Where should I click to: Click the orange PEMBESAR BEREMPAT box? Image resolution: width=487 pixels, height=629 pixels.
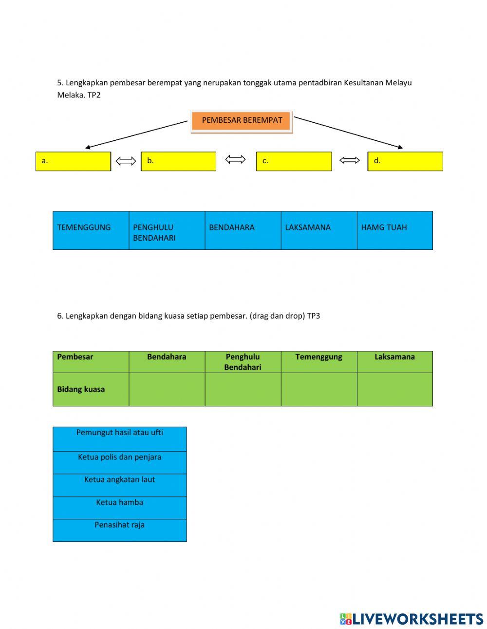[x=242, y=121]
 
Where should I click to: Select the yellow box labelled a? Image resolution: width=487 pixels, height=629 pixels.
[x=73, y=161]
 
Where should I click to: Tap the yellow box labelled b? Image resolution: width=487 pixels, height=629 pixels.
[x=178, y=161]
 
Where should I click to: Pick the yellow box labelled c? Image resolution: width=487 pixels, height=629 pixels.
[x=294, y=161]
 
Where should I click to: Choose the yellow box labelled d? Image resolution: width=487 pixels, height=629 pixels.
[x=405, y=161]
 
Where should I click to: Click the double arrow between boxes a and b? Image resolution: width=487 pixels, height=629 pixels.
[x=126, y=161]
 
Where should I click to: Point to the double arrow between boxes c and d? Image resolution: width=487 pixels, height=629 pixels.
[x=349, y=160]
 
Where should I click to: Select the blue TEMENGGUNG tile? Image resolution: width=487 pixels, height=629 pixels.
[x=91, y=230]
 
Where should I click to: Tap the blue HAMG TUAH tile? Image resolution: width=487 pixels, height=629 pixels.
[x=394, y=230]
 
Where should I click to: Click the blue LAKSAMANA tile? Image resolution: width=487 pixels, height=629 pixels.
[x=318, y=230]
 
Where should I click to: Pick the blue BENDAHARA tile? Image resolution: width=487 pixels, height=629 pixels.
[x=243, y=230]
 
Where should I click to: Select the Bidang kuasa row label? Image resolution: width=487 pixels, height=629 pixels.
[x=81, y=389]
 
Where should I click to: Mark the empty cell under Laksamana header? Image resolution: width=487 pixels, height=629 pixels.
[x=394, y=389]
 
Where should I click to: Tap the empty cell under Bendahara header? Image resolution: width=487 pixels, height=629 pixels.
[x=167, y=389]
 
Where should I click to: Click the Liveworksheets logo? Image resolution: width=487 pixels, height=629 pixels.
[x=411, y=619]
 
